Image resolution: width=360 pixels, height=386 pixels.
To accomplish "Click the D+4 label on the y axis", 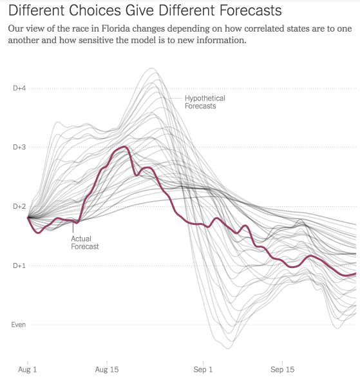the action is click(19, 88).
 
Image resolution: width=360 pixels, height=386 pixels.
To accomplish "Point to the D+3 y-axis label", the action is click(19, 147).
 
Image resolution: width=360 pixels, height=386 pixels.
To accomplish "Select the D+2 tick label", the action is click(19, 206).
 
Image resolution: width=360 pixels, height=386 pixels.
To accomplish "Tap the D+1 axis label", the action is click(19, 265).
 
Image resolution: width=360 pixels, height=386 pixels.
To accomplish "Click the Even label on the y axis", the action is click(19, 325).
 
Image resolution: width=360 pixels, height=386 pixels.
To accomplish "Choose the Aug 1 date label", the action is click(27, 369).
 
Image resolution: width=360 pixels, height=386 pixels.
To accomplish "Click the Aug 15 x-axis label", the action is click(107, 369).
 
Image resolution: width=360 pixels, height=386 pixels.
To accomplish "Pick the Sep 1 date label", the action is click(203, 369).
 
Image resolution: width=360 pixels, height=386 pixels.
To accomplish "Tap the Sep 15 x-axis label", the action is click(283, 369).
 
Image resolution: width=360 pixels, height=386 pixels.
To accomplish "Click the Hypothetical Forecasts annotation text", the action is click(205, 102).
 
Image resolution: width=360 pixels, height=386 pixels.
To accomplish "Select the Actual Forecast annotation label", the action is click(85, 242).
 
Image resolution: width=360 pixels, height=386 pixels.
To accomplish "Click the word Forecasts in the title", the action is click(251, 10).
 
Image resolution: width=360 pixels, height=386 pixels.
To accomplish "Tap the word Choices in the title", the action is click(95, 10).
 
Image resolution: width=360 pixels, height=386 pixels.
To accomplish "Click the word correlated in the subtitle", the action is click(263, 29).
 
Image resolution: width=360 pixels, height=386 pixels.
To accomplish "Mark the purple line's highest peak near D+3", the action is click(124, 147).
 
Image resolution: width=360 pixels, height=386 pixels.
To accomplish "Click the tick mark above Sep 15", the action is click(283, 363).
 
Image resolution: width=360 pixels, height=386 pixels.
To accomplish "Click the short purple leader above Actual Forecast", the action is click(73, 227).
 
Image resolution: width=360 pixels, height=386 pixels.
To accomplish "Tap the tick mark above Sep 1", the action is click(204, 363).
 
